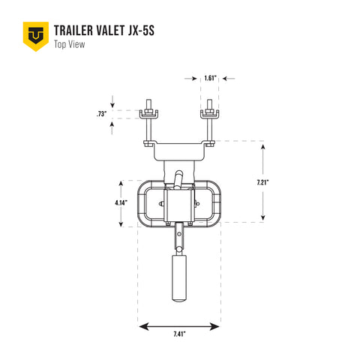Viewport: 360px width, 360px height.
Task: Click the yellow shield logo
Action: click(x=34, y=36)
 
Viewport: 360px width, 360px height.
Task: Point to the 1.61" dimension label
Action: click(x=211, y=77)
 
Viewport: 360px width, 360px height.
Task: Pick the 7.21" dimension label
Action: click(x=262, y=181)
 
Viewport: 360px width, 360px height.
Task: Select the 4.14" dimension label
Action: click(x=121, y=202)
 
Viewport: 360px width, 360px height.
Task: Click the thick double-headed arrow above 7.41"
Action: click(x=179, y=326)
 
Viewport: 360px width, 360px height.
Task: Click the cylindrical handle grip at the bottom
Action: click(x=179, y=276)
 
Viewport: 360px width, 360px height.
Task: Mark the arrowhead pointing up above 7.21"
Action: click(x=262, y=147)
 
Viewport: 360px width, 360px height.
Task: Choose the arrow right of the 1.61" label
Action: click(x=228, y=77)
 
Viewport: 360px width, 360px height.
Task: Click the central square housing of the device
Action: click(x=179, y=204)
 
